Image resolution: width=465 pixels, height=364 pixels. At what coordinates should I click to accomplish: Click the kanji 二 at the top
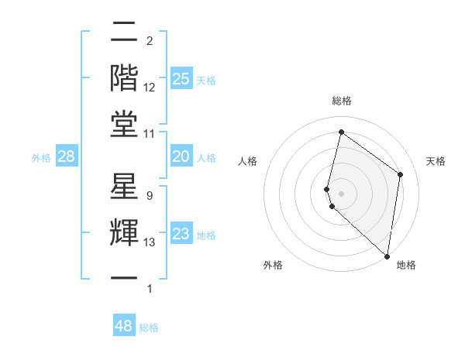tap(125, 33)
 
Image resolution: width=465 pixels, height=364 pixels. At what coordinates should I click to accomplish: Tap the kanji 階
tap(125, 77)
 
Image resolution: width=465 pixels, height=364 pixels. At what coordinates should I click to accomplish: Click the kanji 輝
tap(125, 232)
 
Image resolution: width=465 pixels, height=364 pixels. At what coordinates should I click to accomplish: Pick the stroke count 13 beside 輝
tap(150, 242)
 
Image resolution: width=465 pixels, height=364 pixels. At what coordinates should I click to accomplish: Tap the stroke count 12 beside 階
tap(150, 88)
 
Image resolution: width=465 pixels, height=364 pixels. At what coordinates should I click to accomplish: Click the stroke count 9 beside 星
tap(149, 196)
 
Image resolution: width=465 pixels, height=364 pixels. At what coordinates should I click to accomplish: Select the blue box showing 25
tap(181, 78)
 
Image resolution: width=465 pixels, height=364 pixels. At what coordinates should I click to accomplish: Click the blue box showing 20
tap(181, 156)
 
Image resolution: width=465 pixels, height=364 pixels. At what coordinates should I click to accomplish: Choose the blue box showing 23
tap(181, 234)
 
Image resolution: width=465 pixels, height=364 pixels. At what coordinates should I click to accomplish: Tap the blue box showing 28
tap(67, 157)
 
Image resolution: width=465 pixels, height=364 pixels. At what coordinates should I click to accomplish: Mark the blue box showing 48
tap(124, 326)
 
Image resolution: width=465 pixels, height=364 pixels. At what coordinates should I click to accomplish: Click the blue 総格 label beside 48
tap(149, 328)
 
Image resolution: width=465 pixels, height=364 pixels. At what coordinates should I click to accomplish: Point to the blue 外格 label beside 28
tap(41, 158)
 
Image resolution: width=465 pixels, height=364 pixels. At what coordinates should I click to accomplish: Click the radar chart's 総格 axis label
tap(342, 101)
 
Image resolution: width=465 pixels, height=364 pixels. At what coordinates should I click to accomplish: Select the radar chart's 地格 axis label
tap(406, 266)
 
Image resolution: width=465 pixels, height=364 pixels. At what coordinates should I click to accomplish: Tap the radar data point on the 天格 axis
tap(401, 174)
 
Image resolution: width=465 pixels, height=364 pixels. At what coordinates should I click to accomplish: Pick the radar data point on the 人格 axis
tap(327, 189)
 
